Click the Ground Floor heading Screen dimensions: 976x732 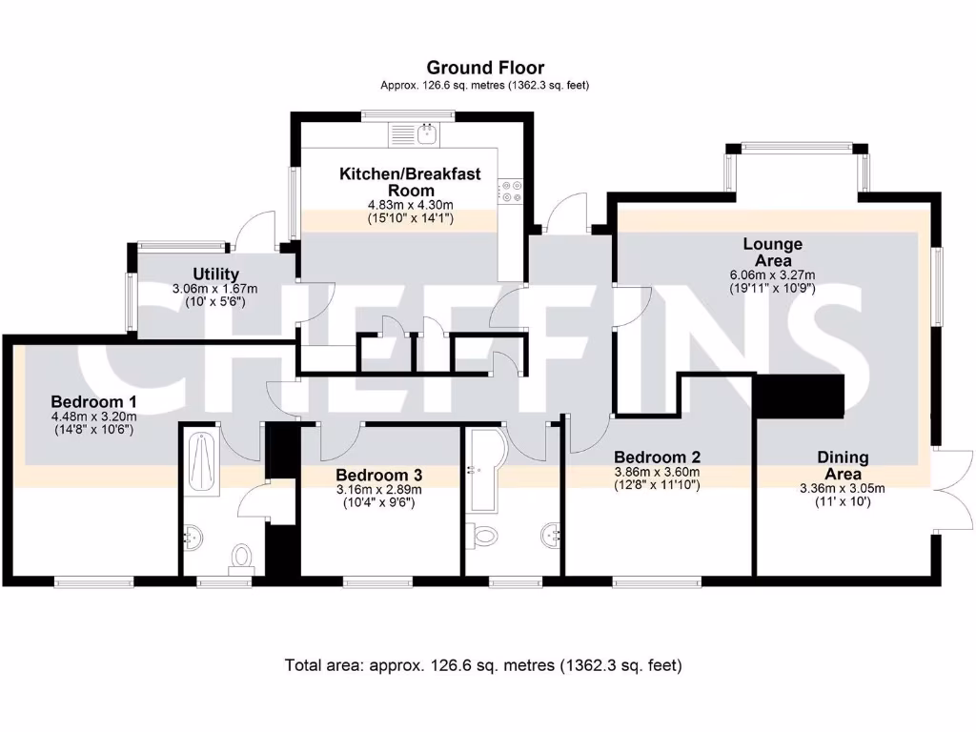pos(485,68)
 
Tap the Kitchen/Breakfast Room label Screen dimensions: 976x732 pos(410,182)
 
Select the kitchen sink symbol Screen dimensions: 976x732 pos(414,134)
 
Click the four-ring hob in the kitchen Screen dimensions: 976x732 pos(511,191)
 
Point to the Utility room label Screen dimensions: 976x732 pos(215,274)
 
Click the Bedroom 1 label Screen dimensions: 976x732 pos(93,401)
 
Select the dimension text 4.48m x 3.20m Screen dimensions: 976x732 pos(93,417)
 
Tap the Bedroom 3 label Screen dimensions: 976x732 pos(378,476)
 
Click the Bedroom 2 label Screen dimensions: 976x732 pos(658,457)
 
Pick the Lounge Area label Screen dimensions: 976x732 pos(772,252)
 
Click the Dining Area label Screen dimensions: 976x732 pos(843,465)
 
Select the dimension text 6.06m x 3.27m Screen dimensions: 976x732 pos(772,275)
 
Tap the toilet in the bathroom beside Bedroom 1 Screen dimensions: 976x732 pos(241,559)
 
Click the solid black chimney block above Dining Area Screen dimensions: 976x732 pos(800,396)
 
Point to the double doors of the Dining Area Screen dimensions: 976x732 pos(952,489)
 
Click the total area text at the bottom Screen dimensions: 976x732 pos(483,665)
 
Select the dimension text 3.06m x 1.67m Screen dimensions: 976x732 pos(214,290)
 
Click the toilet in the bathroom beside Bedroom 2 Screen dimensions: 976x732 pos(483,536)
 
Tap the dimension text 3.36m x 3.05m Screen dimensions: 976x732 pos(843,489)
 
